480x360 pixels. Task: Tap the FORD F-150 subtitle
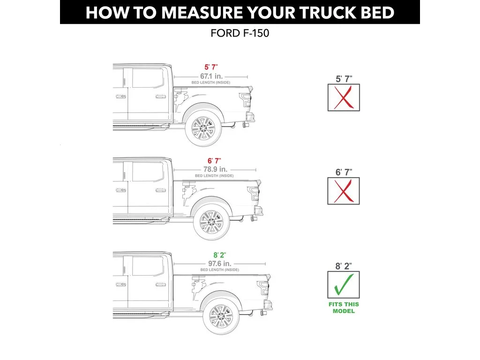tap(240, 34)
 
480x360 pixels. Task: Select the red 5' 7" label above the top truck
tap(210, 67)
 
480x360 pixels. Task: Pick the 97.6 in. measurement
tap(219, 263)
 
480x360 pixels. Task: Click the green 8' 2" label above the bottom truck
tap(219, 255)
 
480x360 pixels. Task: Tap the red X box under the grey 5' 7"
tap(344, 97)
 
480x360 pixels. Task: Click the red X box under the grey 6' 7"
tap(344, 191)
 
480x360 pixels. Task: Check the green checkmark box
tap(344, 285)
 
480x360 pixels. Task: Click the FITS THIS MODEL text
tap(344, 307)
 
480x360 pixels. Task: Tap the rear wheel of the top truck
tap(203, 127)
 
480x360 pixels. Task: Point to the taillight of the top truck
tap(246, 99)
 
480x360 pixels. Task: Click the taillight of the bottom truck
tap(263, 287)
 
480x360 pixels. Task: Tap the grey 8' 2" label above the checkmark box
tap(344, 266)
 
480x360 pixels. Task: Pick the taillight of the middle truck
tap(254, 193)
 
